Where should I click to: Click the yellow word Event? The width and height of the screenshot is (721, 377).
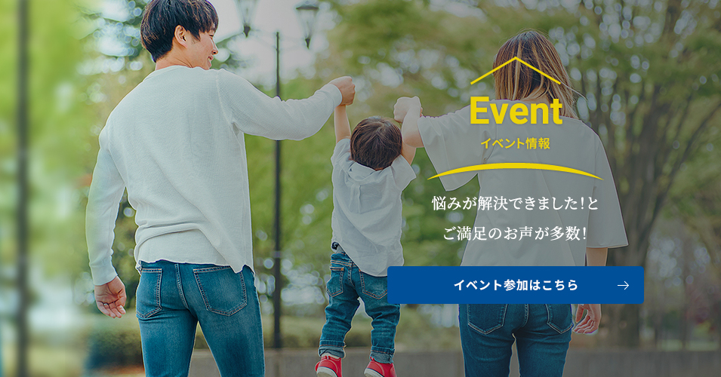tap(516, 112)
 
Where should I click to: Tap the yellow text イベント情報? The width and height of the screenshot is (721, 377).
tap(516, 143)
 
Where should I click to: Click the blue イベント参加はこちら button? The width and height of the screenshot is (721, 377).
tap(516, 285)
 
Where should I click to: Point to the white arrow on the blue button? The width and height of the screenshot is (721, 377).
tap(623, 285)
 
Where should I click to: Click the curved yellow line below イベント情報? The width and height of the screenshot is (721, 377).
tap(515, 169)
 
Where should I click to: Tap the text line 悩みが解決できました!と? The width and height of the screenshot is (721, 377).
tap(515, 204)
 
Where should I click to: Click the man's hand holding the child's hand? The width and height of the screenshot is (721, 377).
tap(344, 89)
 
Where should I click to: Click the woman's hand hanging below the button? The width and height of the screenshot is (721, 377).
tap(587, 318)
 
